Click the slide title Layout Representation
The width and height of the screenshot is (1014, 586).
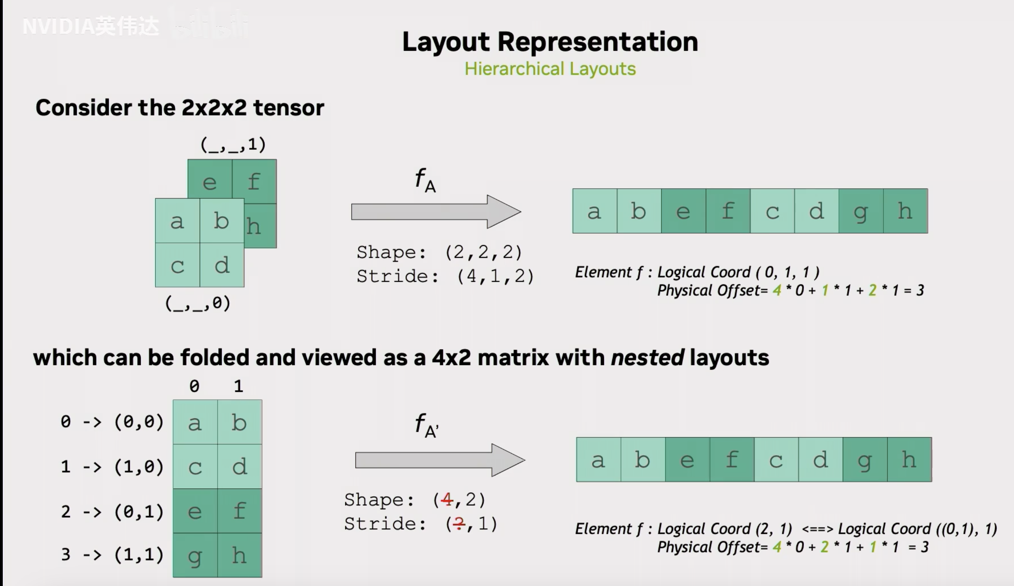pyautogui.click(x=550, y=42)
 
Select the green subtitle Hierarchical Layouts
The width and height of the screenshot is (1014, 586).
pyautogui.click(x=550, y=69)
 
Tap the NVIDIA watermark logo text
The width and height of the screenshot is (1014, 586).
pyautogui.click(x=91, y=26)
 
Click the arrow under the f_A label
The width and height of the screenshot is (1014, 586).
pyautogui.click(x=436, y=212)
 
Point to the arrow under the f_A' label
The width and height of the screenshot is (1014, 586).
pyautogui.click(x=440, y=460)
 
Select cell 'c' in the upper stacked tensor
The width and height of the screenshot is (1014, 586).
pyautogui.click(x=178, y=265)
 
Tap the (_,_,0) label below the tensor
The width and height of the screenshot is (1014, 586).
pyautogui.click(x=198, y=303)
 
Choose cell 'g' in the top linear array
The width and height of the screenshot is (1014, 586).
pyautogui.click(x=861, y=211)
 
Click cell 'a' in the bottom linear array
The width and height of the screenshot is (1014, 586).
pyautogui.click(x=598, y=460)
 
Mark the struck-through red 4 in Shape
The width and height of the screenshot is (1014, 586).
pyautogui.click(x=446, y=499)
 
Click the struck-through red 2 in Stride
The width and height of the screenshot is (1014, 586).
pyautogui.click(x=459, y=524)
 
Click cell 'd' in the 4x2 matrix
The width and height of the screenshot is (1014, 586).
pyautogui.click(x=239, y=467)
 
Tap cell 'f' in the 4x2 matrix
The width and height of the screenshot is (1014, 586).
pyautogui.click(x=239, y=511)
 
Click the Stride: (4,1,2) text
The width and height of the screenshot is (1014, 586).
pyautogui.click(x=445, y=276)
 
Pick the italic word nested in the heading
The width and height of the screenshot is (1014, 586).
pyautogui.click(x=647, y=357)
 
